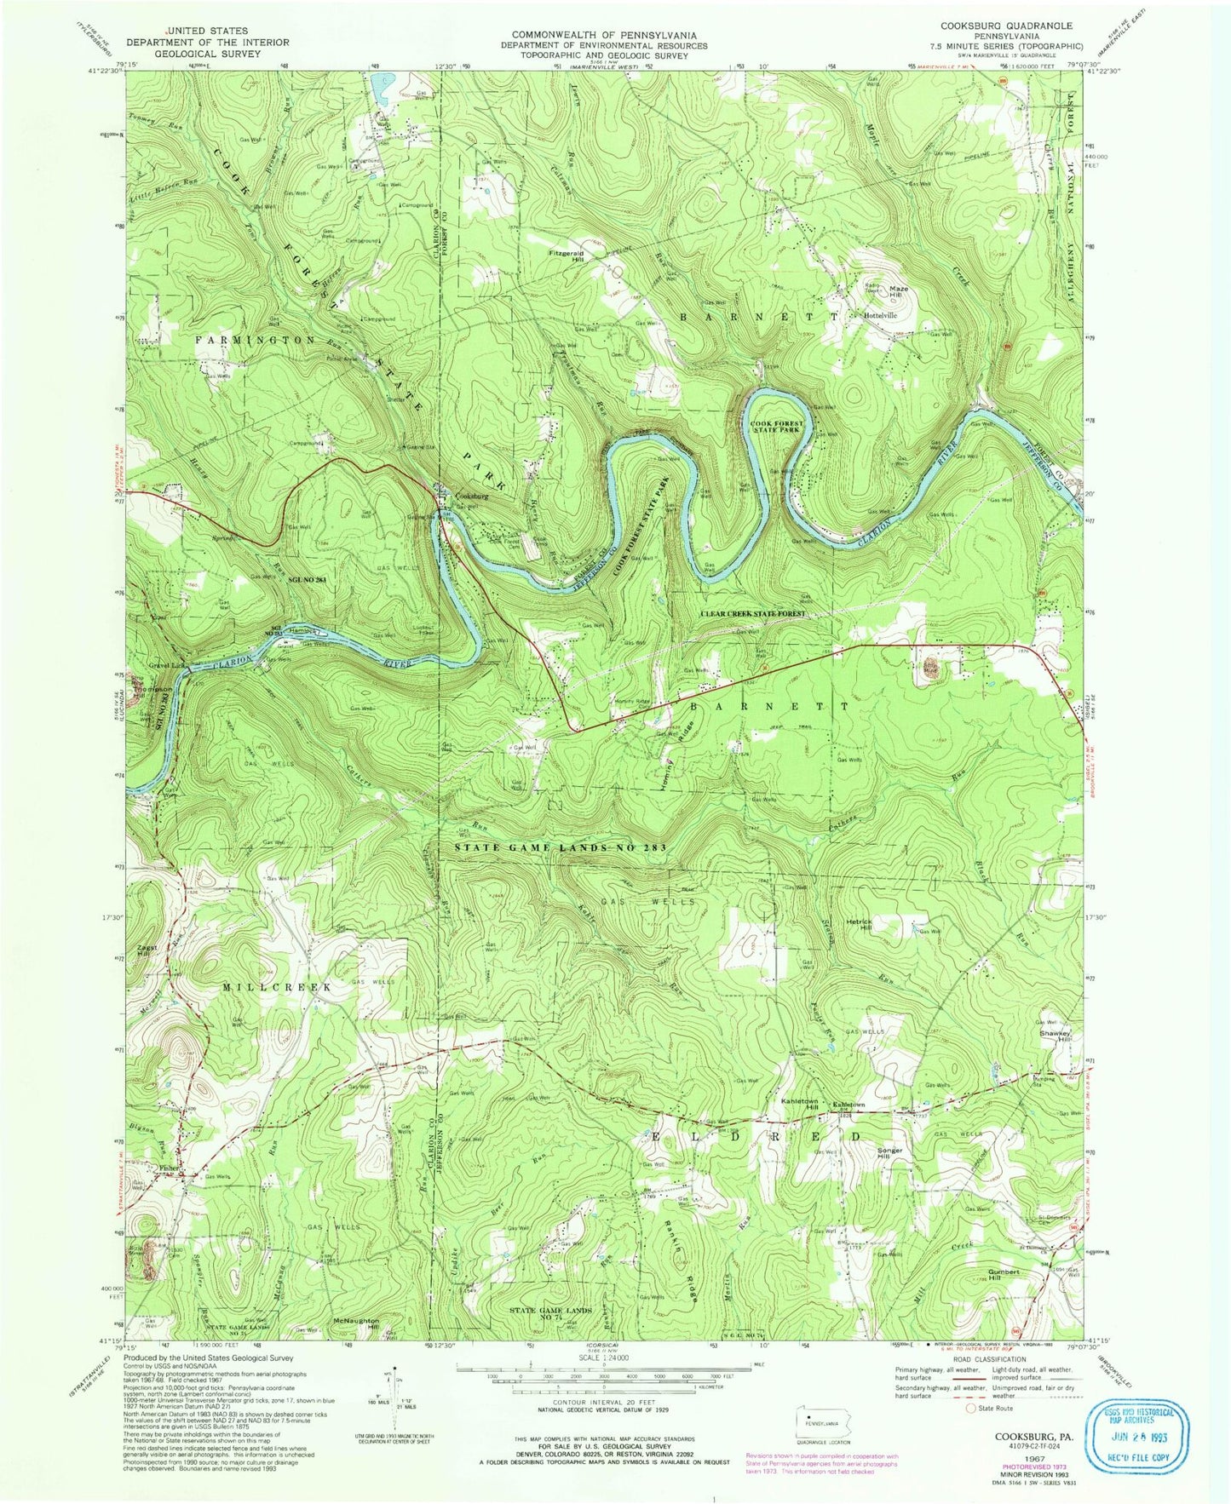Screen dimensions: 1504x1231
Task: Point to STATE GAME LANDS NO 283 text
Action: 560,848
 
